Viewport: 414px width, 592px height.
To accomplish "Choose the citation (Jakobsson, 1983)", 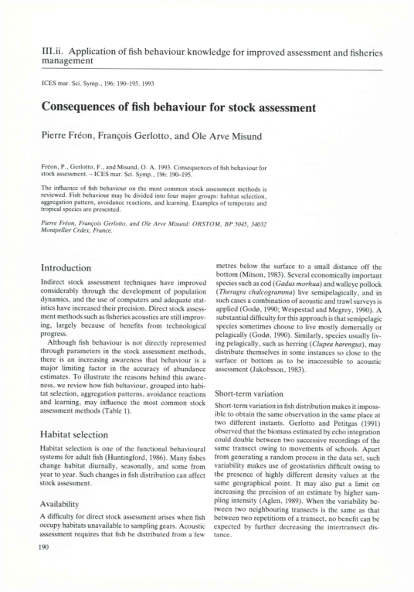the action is [278, 382].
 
